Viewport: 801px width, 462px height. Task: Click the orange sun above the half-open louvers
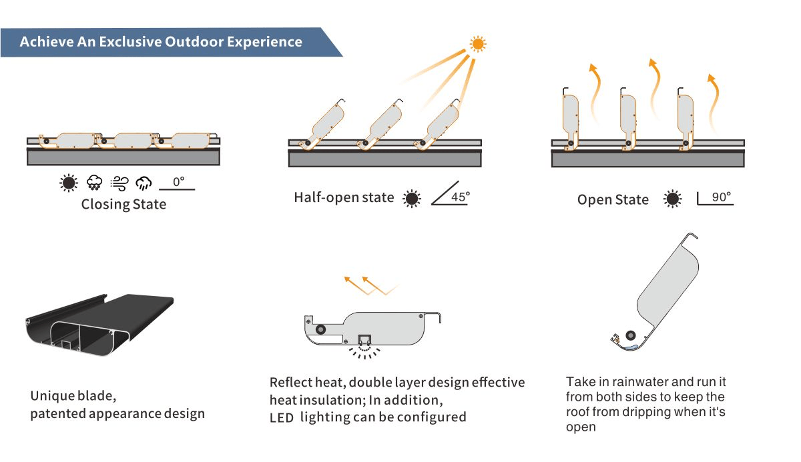478,44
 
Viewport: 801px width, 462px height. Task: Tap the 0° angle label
178,182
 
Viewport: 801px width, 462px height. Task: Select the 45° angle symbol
450,193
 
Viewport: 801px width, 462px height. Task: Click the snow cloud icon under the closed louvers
94,183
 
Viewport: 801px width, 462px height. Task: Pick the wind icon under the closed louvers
119,183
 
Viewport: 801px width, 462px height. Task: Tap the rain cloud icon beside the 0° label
144,183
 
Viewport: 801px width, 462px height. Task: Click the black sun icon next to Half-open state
412,198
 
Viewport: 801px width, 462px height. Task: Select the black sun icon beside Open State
672,199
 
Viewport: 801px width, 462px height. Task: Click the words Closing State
123,204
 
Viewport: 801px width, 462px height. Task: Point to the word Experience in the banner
264,42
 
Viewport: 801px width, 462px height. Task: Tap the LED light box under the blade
364,339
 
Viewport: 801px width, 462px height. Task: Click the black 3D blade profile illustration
99,324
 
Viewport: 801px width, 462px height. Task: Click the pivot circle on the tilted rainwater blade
630,335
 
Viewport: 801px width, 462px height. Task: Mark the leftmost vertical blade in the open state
570,118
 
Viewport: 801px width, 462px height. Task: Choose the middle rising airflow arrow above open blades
655,87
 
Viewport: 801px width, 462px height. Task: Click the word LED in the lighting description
282,418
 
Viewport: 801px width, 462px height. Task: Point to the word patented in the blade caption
58,414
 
